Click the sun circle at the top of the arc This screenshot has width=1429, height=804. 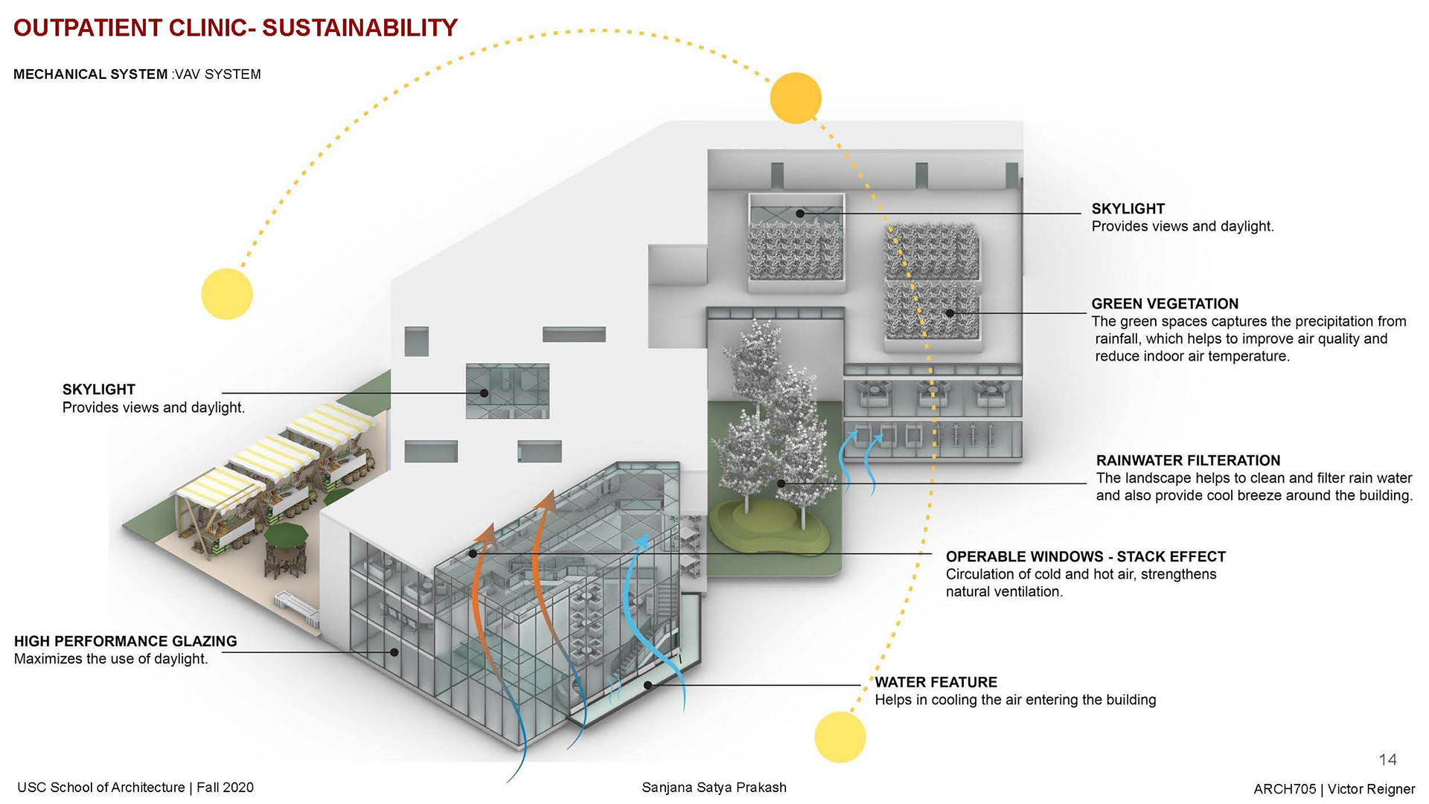tap(795, 97)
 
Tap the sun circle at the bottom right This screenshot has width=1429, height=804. tap(840, 737)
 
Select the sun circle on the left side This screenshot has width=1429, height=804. tap(227, 294)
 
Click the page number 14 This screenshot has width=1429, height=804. tap(1387, 759)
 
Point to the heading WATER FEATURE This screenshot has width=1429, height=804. tap(936, 682)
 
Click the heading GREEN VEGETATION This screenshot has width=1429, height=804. tap(1165, 303)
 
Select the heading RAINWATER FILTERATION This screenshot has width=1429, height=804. tap(1188, 460)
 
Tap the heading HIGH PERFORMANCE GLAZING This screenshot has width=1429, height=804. tap(125, 641)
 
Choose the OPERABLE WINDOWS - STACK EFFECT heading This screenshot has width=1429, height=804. tap(1085, 556)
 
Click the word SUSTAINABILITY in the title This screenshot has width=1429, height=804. tap(359, 28)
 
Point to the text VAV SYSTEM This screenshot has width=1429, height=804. tap(218, 74)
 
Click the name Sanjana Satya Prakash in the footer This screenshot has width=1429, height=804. tap(714, 787)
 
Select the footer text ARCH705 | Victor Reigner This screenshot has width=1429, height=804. tap(1334, 789)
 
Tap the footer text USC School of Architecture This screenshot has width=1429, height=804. tap(100, 787)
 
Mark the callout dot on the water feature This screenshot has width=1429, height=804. tap(648, 685)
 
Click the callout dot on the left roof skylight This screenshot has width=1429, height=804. tap(484, 393)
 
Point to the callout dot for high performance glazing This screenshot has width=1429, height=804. tap(394, 652)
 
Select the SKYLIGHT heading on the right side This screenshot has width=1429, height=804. tap(1128, 209)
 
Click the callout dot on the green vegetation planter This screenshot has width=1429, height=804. tap(950, 313)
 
